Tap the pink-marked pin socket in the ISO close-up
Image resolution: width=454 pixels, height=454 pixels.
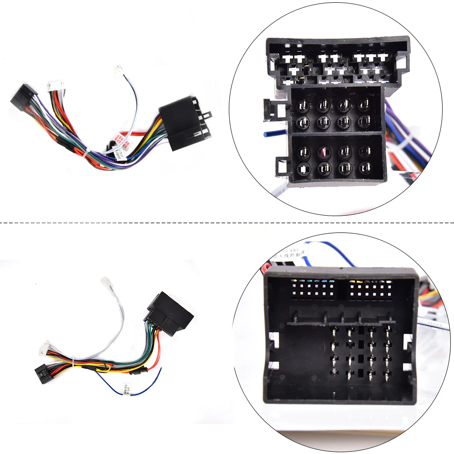324,152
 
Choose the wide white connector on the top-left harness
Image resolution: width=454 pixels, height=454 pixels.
55,86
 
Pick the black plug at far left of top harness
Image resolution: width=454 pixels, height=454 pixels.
22,96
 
